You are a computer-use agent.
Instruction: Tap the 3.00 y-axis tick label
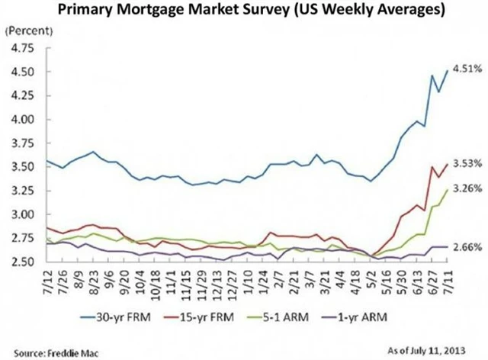[21, 214]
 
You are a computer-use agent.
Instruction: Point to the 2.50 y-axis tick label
[21, 262]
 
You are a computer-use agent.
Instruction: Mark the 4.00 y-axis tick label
[21, 120]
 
